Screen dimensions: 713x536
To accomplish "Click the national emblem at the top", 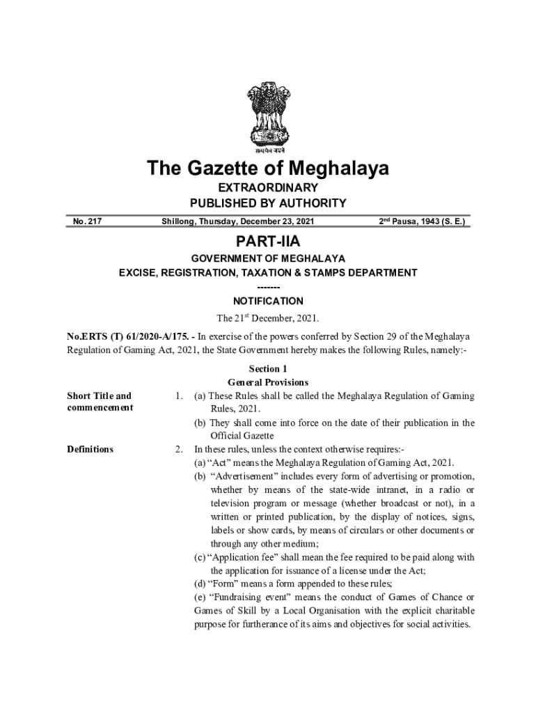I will [267, 116].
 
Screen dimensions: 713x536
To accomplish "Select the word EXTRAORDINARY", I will [268, 188].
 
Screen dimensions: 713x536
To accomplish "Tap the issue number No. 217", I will [86, 221].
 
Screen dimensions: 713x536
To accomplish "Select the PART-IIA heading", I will [268, 241].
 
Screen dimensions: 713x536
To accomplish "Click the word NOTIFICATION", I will [268, 301].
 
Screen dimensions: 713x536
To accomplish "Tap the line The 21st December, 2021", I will [268, 318].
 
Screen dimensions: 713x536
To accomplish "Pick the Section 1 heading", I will [268, 369].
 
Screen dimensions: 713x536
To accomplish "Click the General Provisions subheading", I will [268, 382].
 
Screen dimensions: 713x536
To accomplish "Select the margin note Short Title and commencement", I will [99, 402].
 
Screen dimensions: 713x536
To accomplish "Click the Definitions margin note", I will [90, 449].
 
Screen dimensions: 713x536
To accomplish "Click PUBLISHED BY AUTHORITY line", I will [268, 203].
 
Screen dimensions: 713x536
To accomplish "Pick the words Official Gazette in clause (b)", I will [243, 436].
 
